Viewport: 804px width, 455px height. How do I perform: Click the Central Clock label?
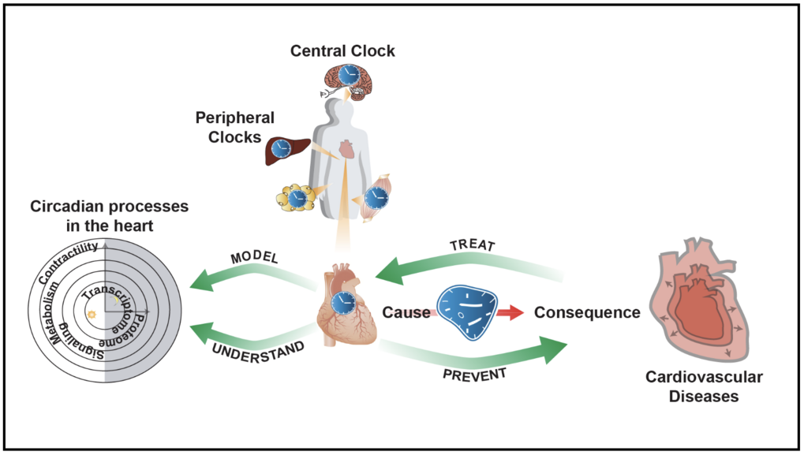pos(342,51)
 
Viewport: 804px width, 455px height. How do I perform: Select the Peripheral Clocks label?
pos(235,127)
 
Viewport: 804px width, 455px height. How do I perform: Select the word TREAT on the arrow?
pos(472,246)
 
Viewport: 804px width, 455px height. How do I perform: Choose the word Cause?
pos(406,312)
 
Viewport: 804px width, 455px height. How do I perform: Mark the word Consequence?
pos(587,312)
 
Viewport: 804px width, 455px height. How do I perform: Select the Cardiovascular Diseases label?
pos(704,386)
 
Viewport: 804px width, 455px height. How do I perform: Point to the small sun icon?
pos(92,315)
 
